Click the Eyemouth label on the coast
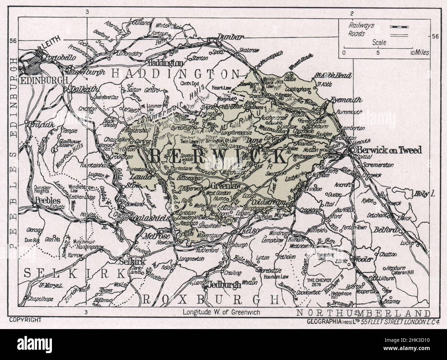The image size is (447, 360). [x=346, y=100]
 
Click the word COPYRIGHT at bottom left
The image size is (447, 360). [x=25, y=320]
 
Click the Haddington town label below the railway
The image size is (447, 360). [x=164, y=63]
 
